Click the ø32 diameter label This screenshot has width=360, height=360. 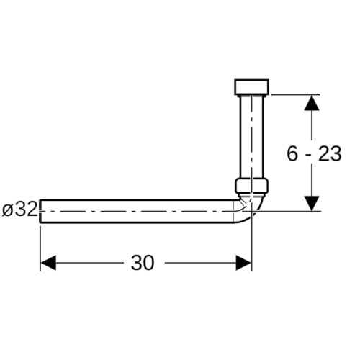pyautogui.click(x=19, y=209)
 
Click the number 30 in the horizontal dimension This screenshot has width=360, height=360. pyautogui.click(x=142, y=263)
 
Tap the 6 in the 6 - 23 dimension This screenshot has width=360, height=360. pyautogui.click(x=292, y=153)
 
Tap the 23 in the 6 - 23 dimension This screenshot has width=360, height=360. pyautogui.click(x=330, y=153)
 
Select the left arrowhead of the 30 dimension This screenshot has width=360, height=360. pyautogui.click(x=48, y=263)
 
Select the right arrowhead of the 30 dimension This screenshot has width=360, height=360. pyautogui.click(x=243, y=263)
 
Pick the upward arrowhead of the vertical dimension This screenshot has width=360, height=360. pyautogui.click(x=312, y=103)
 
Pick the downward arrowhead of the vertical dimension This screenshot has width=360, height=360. pyautogui.click(x=312, y=204)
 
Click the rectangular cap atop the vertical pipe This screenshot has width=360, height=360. pyautogui.click(x=251, y=86)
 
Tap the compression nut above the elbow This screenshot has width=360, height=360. pyautogui.click(x=251, y=185)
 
